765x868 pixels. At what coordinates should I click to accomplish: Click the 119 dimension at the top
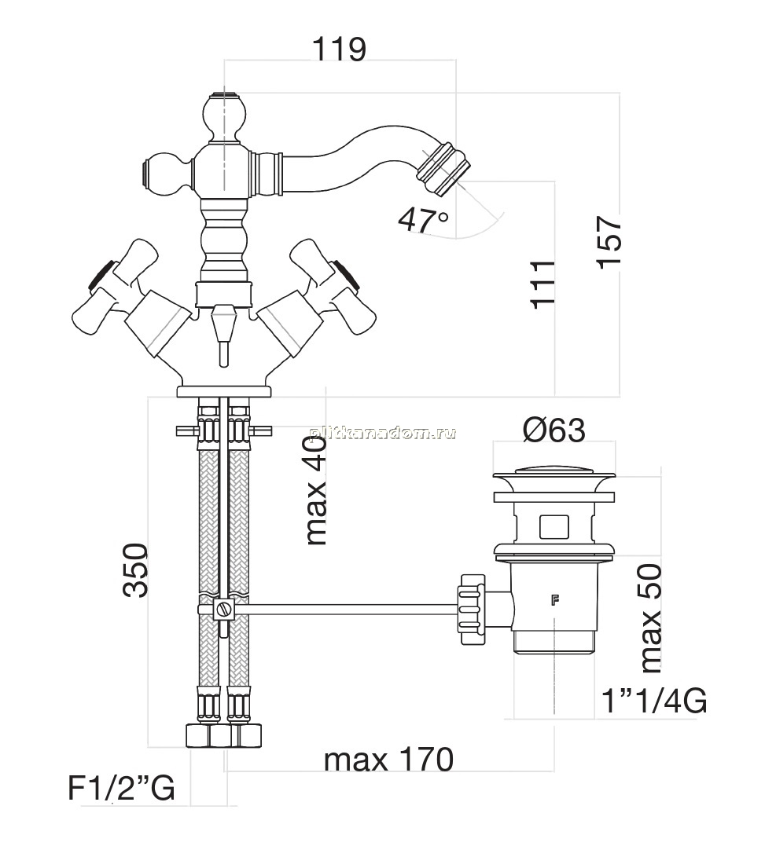coord(340,49)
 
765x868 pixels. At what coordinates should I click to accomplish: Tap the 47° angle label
coord(423,220)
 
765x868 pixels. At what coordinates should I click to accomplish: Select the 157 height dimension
coord(610,242)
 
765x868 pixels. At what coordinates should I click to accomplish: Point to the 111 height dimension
coord(543,284)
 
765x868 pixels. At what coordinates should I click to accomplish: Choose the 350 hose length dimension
coord(136,570)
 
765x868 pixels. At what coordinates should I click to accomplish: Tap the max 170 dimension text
coord(389,760)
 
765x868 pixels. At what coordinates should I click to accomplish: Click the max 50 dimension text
coord(651,618)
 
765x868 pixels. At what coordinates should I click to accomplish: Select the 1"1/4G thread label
coord(654,701)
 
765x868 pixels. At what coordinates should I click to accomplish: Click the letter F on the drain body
coord(555,599)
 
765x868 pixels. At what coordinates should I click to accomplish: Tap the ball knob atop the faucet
coord(224,115)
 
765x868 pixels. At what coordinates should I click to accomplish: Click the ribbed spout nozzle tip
coord(443,169)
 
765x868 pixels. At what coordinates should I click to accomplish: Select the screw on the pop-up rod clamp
coord(224,610)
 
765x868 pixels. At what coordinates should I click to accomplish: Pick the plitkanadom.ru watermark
coord(382,433)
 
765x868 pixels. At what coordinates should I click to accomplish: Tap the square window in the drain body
coord(554,526)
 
